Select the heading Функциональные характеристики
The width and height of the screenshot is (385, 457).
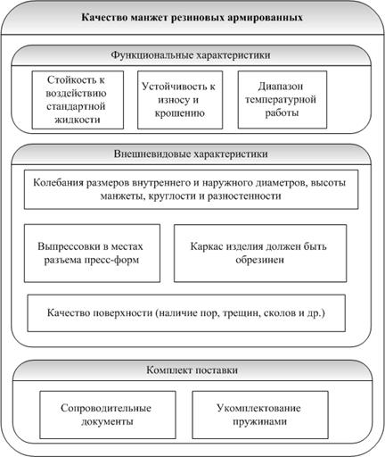[191, 55]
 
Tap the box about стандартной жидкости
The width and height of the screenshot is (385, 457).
[78, 100]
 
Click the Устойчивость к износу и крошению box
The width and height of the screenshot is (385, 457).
[180, 100]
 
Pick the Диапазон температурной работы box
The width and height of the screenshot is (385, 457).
[283, 100]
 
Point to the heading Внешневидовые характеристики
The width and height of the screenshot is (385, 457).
[191, 154]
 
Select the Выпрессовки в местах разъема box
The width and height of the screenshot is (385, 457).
[92, 253]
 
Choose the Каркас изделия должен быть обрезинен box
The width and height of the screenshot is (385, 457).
[260, 253]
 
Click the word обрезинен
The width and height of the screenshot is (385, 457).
[260, 260]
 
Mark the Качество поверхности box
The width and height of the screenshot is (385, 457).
[186, 313]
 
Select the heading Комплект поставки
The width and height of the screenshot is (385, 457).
[192, 370]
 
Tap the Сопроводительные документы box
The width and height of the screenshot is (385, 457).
[108, 415]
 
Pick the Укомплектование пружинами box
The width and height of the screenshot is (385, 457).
[260, 415]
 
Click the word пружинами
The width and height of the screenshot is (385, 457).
[260, 421]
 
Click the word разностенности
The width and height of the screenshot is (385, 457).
[244, 196]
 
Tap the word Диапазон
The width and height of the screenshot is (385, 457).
[281, 87]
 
